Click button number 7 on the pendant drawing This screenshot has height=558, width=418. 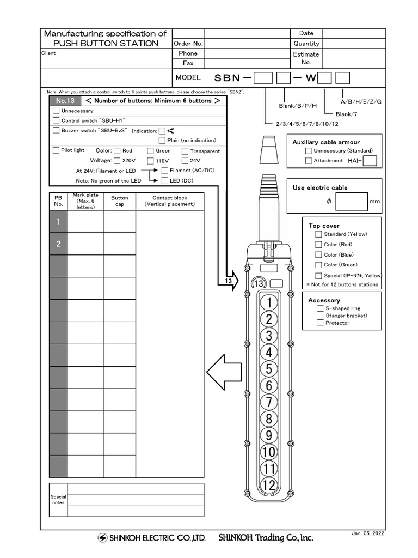point(268,402)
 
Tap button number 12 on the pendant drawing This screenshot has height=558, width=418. point(269,486)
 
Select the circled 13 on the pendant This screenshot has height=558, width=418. point(259,284)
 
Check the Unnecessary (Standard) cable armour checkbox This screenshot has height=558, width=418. point(309,150)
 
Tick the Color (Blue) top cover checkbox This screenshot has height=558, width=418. point(318,254)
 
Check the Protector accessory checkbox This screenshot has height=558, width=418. point(320,323)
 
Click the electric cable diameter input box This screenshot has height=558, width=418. point(352,201)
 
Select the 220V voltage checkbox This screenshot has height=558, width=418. point(117,161)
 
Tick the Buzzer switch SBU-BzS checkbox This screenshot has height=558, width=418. point(56,131)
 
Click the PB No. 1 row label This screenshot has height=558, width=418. point(58,222)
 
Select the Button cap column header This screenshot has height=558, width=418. point(120,201)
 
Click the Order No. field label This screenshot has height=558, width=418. point(188,44)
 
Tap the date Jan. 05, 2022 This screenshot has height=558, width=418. point(368,534)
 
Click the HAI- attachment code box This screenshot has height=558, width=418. point(370,161)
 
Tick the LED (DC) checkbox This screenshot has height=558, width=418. point(165,180)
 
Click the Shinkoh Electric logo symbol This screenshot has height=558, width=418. point(102,538)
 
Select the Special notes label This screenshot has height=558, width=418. point(58,500)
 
